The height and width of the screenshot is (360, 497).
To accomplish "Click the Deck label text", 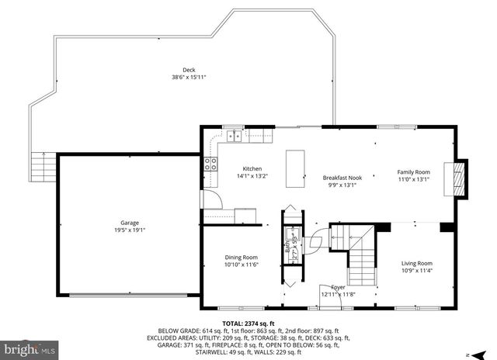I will pos(188,70).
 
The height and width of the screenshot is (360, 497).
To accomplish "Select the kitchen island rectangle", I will pos(294,168).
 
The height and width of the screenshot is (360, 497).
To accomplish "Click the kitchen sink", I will pos(233,138).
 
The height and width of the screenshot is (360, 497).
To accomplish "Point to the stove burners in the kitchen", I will pos(210,163).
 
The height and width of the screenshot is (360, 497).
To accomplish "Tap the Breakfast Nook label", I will pos(342,178).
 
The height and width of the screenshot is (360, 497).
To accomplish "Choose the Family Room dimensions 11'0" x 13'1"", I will pos(413,178).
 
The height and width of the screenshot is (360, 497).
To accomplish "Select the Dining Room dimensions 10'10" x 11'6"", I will pos(241,265).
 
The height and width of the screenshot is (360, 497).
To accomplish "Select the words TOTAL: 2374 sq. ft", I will pos(248,323).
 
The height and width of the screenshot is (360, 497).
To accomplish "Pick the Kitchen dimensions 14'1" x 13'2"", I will pos(252,176).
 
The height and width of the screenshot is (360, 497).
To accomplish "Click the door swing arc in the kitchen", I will pos(213,198).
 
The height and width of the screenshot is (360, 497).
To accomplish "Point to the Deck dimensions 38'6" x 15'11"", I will pos(188,77).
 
